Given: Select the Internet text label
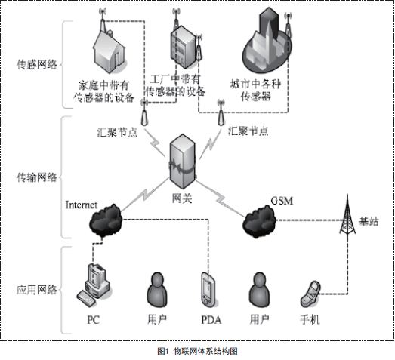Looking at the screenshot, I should pyautogui.click(x=82, y=204).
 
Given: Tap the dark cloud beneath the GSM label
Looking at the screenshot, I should pyautogui.click(x=259, y=221).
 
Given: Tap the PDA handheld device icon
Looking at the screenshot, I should pyautogui.click(x=208, y=290).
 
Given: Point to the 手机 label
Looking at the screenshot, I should pyautogui.click(x=310, y=319).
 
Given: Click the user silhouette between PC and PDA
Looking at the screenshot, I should pyautogui.click(x=156, y=290).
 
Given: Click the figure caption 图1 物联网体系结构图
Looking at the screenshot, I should pyautogui.click(x=197, y=351).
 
